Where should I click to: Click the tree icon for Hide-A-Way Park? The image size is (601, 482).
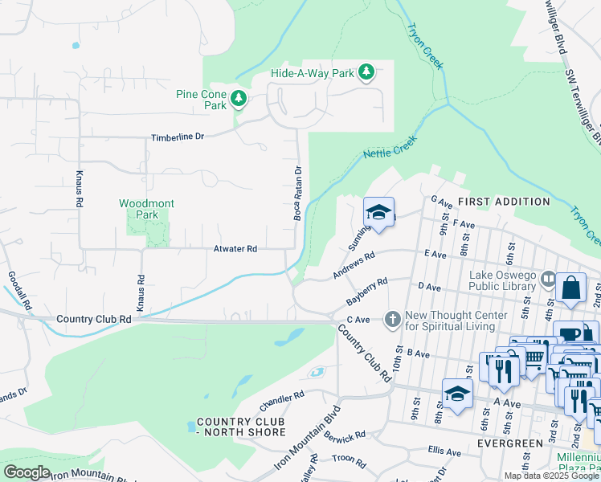[x=366, y=73]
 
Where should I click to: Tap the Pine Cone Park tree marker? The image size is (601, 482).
[x=239, y=99]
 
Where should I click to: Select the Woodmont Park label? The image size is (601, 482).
[x=146, y=209]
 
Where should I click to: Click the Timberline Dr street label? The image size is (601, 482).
[x=178, y=137]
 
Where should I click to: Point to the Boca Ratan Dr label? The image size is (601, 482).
[x=297, y=194]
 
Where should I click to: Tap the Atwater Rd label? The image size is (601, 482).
[x=235, y=249]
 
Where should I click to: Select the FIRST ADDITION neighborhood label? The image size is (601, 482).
[x=504, y=202]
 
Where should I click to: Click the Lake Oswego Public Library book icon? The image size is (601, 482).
[x=549, y=280]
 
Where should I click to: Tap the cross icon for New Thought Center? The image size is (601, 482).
[x=392, y=320]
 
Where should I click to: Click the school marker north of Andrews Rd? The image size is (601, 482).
[x=379, y=213]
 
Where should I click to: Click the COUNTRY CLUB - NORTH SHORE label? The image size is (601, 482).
[x=241, y=427]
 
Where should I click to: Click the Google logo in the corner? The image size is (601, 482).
[x=27, y=472]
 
